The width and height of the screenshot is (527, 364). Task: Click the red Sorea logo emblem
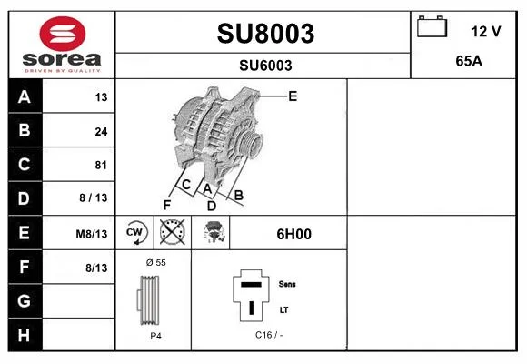(x=63, y=34)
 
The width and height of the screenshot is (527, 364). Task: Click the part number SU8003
(x=265, y=34)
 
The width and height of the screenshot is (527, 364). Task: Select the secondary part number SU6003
(x=265, y=66)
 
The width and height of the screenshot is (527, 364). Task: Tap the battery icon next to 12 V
(x=432, y=26)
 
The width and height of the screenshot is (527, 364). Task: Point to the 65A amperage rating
(x=469, y=61)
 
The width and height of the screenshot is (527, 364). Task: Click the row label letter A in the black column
(x=25, y=97)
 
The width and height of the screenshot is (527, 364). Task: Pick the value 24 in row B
(x=101, y=131)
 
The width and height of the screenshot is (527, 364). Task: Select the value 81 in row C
(x=101, y=165)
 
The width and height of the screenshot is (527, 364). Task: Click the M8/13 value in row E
(x=92, y=234)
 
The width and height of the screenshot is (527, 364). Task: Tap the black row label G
(x=25, y=300)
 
